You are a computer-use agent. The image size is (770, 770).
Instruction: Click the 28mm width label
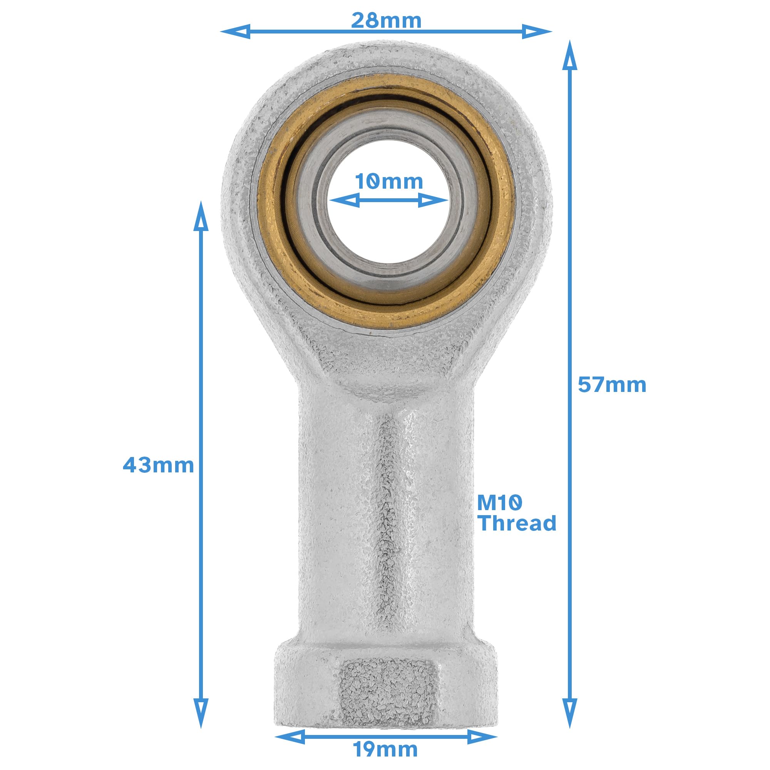pos(386,20)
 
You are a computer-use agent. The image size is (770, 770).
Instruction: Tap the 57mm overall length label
pos(612,385)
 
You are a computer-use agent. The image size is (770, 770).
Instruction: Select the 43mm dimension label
pos(158,465)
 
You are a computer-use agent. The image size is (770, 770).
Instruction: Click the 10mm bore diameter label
pos(388,182)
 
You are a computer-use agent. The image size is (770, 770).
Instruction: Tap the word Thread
pos(517,523)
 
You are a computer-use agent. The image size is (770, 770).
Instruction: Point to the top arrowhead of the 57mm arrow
pos(569,56)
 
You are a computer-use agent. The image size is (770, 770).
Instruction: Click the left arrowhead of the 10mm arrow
pos(345,200)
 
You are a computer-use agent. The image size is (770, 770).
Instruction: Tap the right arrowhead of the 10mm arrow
pos(433,200)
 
